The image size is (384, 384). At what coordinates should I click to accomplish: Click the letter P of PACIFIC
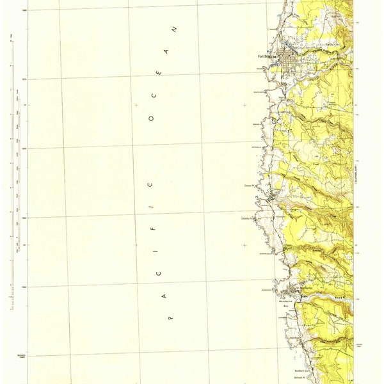point(170,316)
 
